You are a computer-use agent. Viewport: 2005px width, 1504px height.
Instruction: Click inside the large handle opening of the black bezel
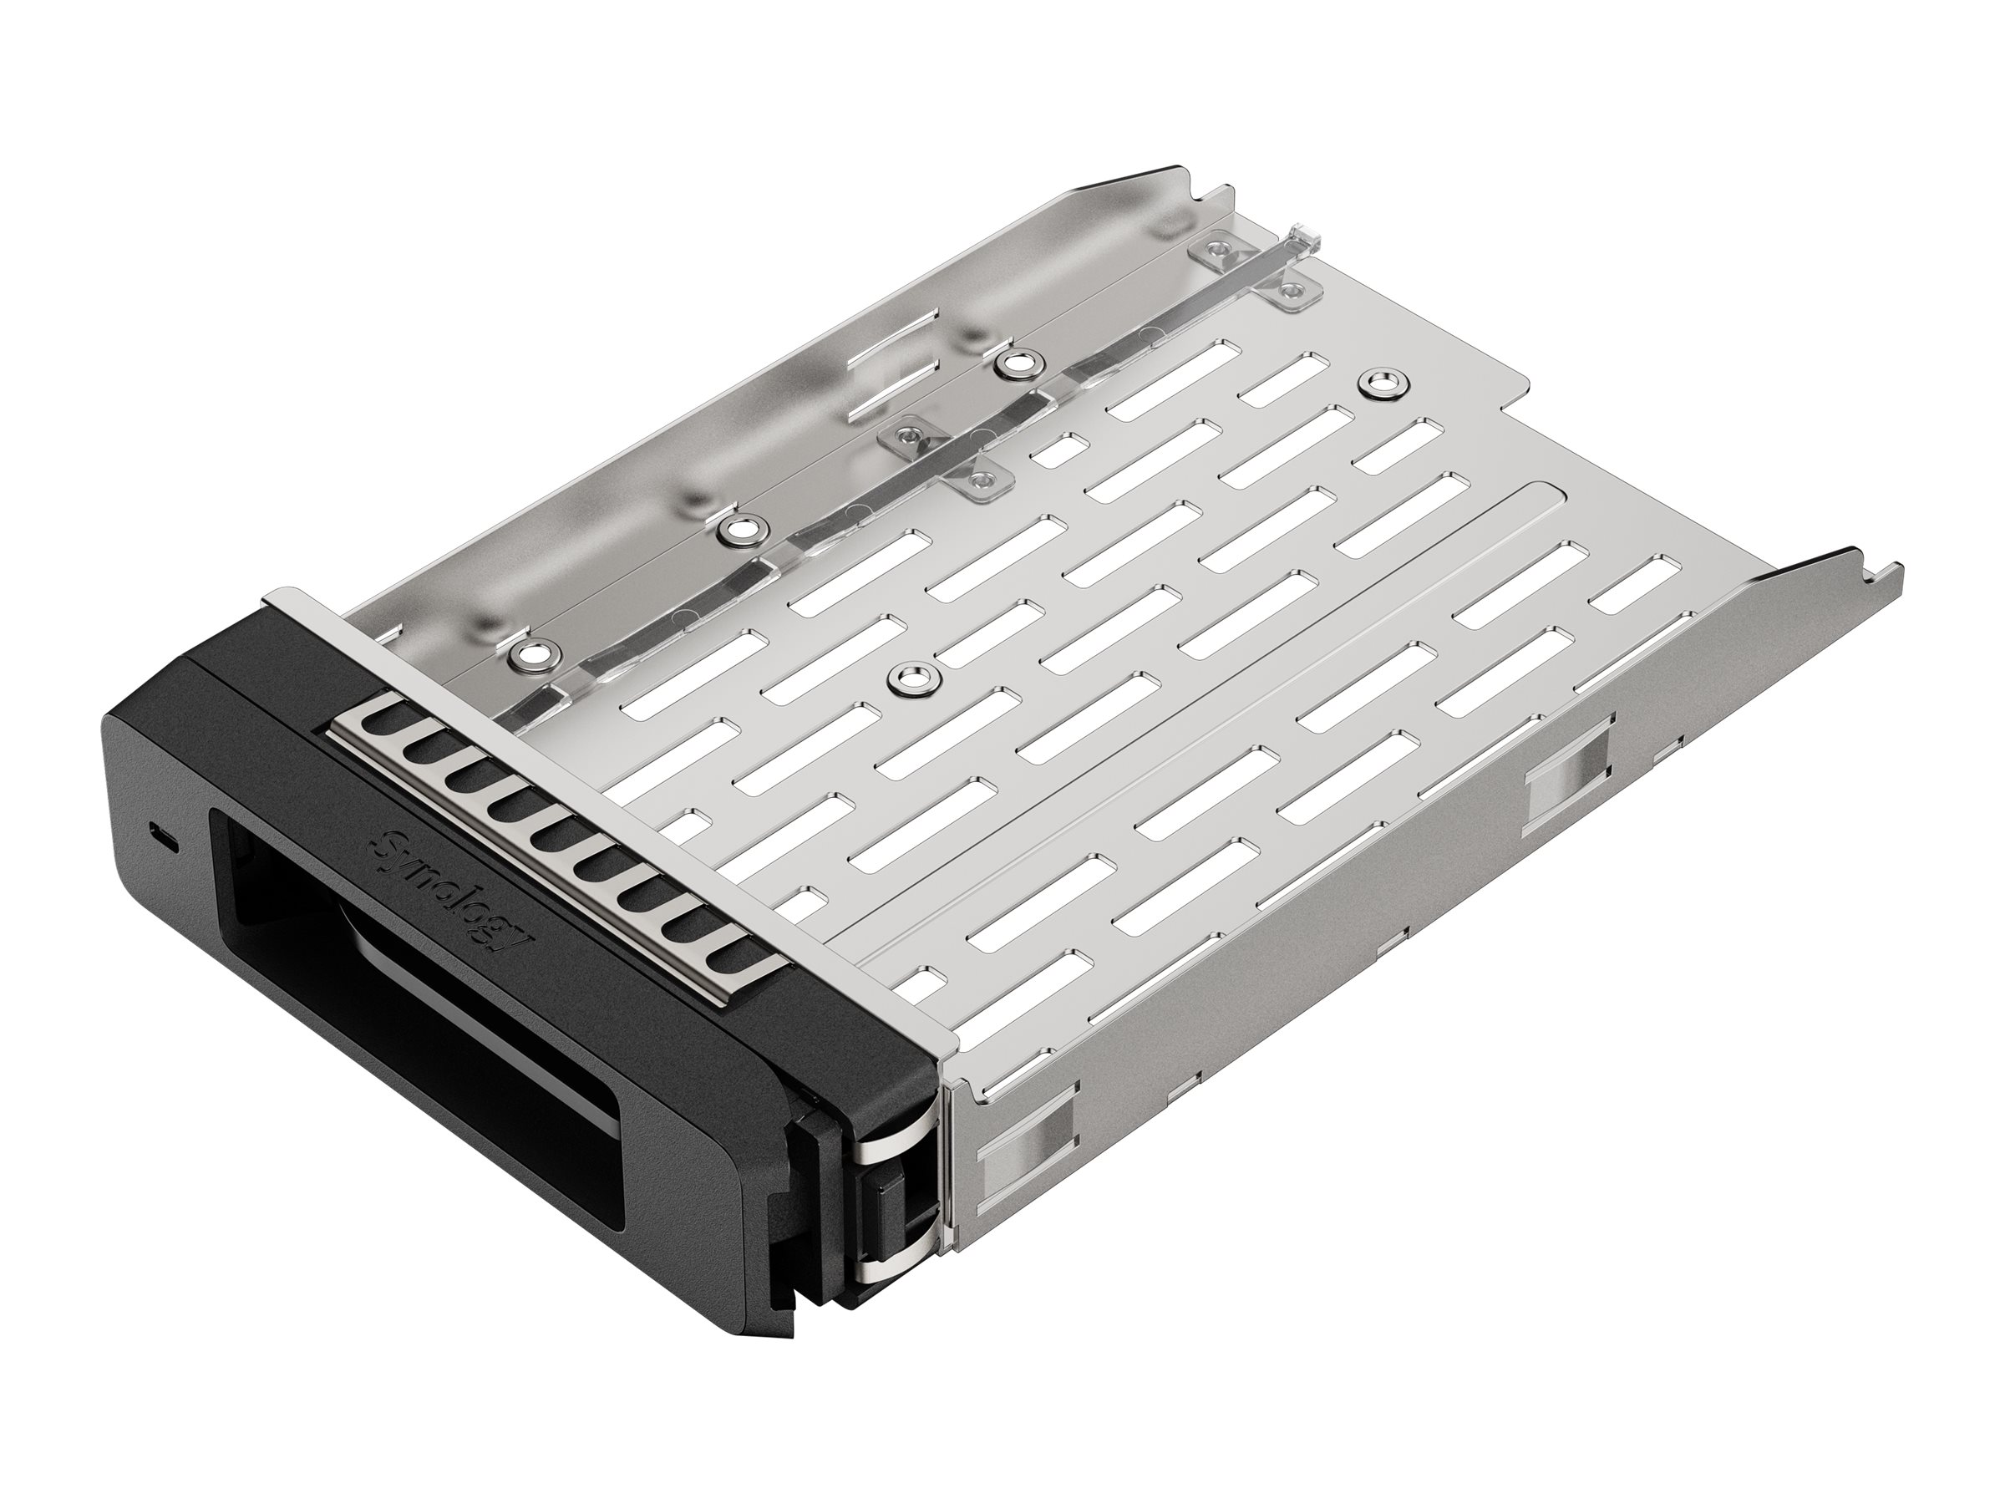(408, 1015)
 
